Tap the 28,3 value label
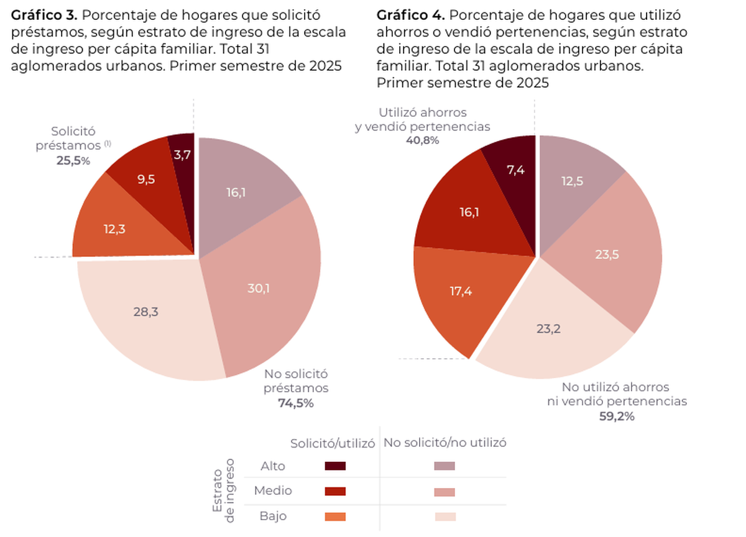point(146,312)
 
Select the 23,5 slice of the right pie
point(609,255)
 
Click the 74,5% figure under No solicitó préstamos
point(296,403)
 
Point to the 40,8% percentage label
point(422,140)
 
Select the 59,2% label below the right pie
point(617,416)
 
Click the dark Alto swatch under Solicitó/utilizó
point(335,466)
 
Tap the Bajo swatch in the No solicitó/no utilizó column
point(444,517)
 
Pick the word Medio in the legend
point(273,491)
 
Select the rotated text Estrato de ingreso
point(224,490)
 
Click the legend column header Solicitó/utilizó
point(333,443)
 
